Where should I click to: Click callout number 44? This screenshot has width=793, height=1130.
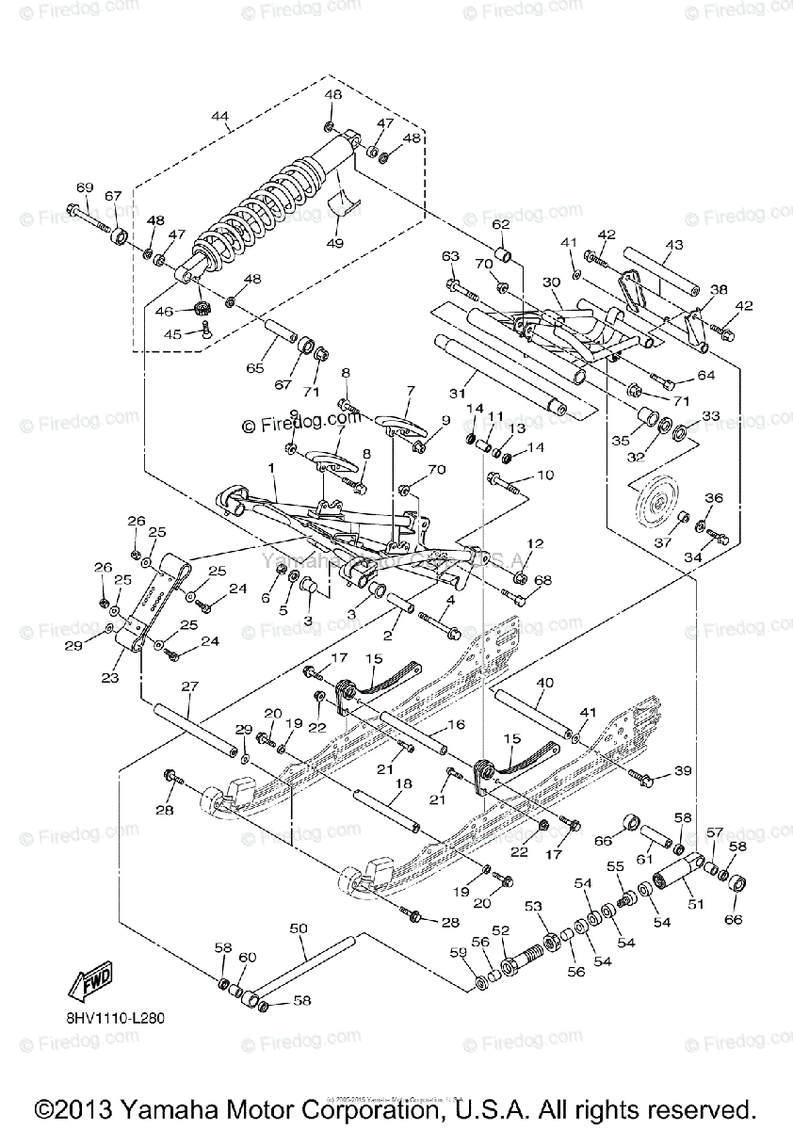point(219,117)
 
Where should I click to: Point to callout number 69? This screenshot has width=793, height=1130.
point(85,187)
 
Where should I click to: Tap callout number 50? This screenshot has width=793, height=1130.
point(299,928)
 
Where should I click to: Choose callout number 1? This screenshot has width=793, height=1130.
point(271,467)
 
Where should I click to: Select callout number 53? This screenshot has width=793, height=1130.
point(534,906)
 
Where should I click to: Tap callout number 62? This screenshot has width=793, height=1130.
point(500,224)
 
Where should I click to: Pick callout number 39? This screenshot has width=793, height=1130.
point(683,771)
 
